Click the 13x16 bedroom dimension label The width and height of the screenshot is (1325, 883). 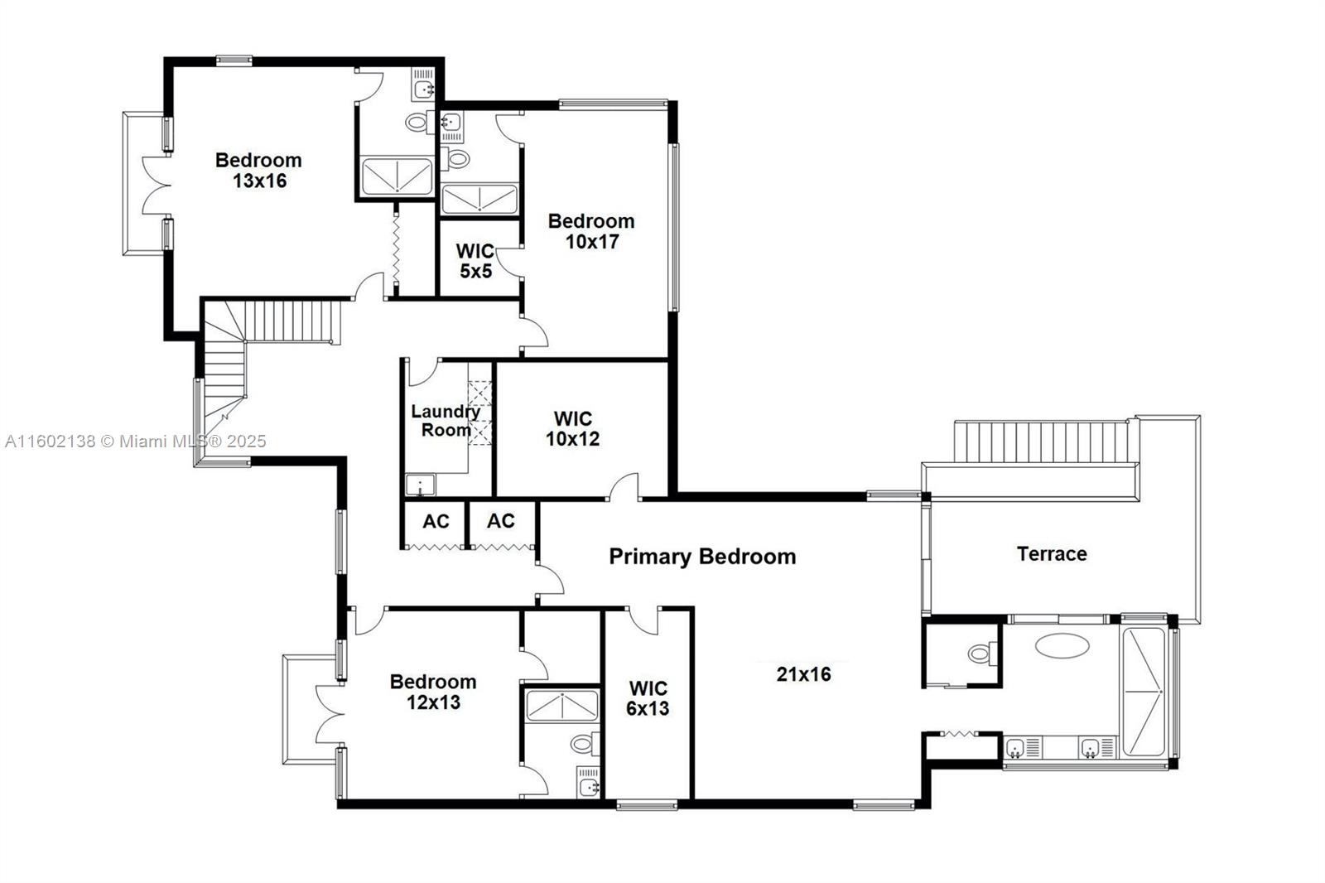coord(259,181)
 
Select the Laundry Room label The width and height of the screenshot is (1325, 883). coord(446,420)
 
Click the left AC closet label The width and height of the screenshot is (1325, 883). coord(436,521)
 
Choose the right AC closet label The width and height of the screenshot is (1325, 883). coord(500,521)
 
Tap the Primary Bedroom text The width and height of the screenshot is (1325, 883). coord(702,557)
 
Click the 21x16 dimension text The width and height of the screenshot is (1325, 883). coord(803,674)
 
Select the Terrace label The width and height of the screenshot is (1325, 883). coord(1052,554)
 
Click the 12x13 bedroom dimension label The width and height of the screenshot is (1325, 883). coord(433,702)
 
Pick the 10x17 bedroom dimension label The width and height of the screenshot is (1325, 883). coord(591,242)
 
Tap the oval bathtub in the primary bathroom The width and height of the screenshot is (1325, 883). coord(1062,646)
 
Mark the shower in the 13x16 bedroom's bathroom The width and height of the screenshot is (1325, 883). coord(397,176)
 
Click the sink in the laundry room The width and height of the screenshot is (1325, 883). coord(419,485)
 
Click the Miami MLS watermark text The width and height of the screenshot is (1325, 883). coord(136,441)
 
